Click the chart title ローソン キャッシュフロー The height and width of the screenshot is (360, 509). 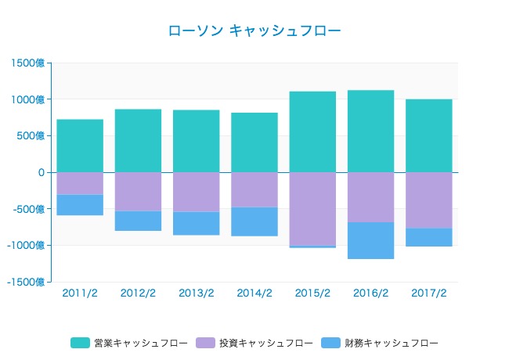pos(254,31)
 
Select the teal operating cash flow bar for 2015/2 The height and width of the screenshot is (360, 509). pos(312,131)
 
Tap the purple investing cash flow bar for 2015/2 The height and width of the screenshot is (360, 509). pos(312,208)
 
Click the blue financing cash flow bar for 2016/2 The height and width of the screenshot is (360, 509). pos(370,240)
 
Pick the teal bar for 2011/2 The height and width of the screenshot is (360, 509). pos(80,146)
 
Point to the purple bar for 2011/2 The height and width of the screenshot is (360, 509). pos(80,183)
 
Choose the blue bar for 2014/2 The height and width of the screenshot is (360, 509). pos(254,221)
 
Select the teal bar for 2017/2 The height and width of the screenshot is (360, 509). pos(428,135)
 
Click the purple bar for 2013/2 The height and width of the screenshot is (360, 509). pos(196,192)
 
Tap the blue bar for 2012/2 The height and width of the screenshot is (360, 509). pos(138,221)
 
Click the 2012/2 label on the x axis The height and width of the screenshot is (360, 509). pos(138,293)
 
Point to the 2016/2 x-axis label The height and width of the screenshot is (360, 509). pos(370,293)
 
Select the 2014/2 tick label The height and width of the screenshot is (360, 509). pos(254,293)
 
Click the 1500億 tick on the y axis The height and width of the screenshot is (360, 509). pos(29,63)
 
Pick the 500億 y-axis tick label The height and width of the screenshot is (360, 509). pos(31,136)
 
